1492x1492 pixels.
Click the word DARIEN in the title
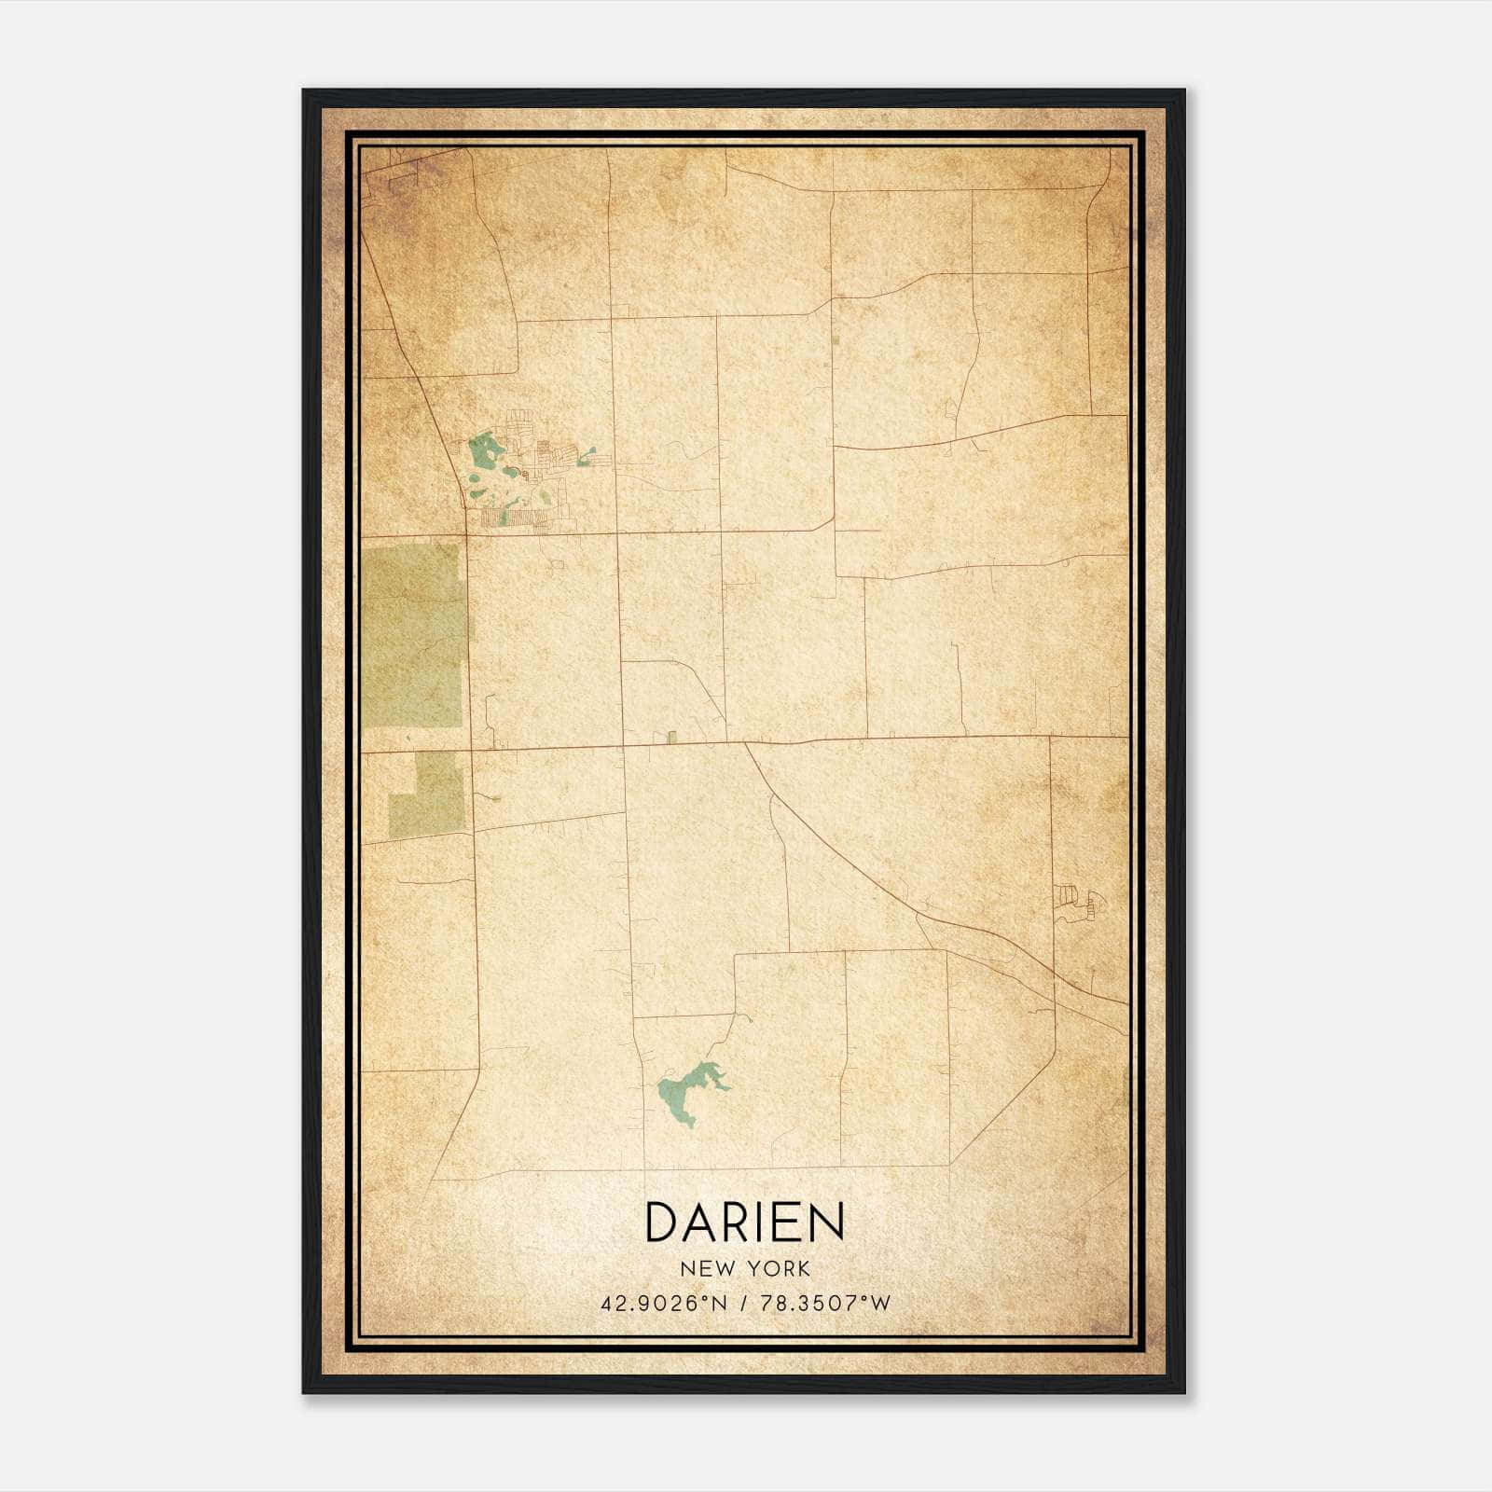744,1222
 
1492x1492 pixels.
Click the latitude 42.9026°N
663,1304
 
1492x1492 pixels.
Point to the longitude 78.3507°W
826,1304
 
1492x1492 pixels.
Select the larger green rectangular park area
412,634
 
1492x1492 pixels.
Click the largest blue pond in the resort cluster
485,452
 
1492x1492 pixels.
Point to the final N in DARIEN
826,1222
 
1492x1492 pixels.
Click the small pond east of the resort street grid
587,456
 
